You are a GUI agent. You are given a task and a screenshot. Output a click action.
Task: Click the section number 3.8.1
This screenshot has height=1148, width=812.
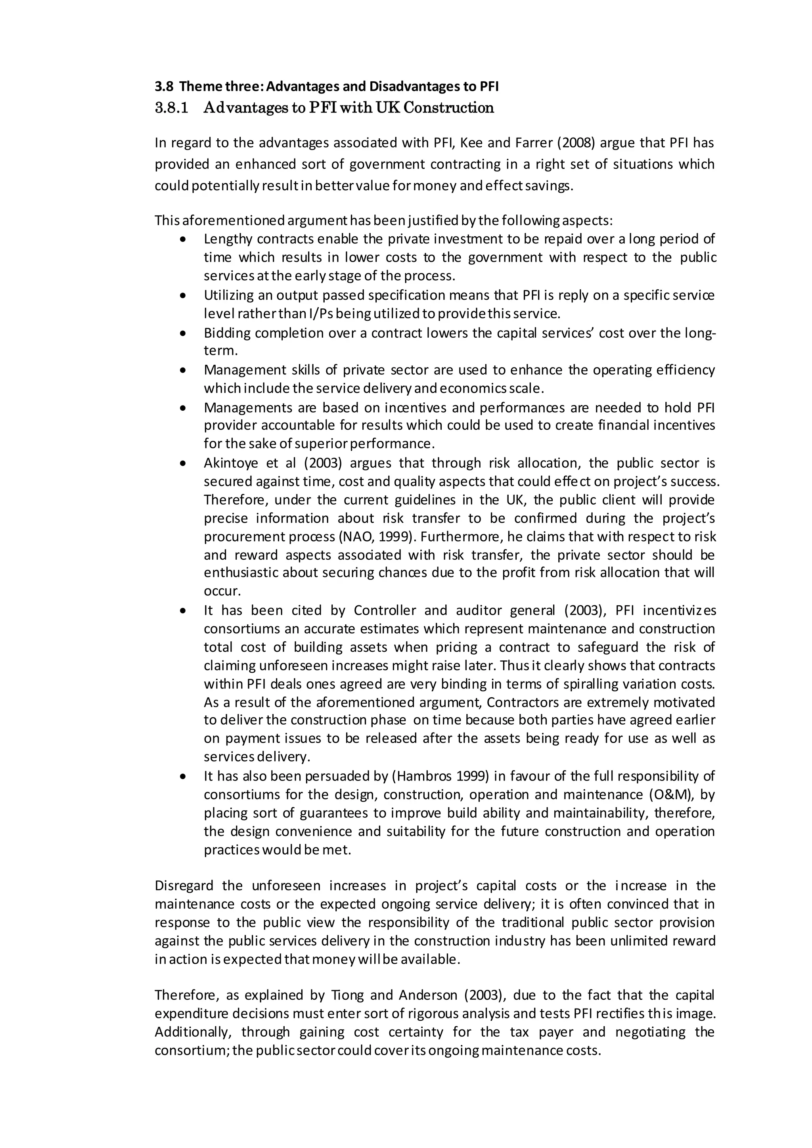tap(172, 108)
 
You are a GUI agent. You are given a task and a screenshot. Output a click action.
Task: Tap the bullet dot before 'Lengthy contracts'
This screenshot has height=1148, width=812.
tap(184, 239)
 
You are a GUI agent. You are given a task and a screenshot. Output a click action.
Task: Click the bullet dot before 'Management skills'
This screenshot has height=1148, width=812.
tap(184, 371)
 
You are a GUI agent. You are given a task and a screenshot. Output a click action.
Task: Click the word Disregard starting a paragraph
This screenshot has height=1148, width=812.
tap(184, 886)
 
